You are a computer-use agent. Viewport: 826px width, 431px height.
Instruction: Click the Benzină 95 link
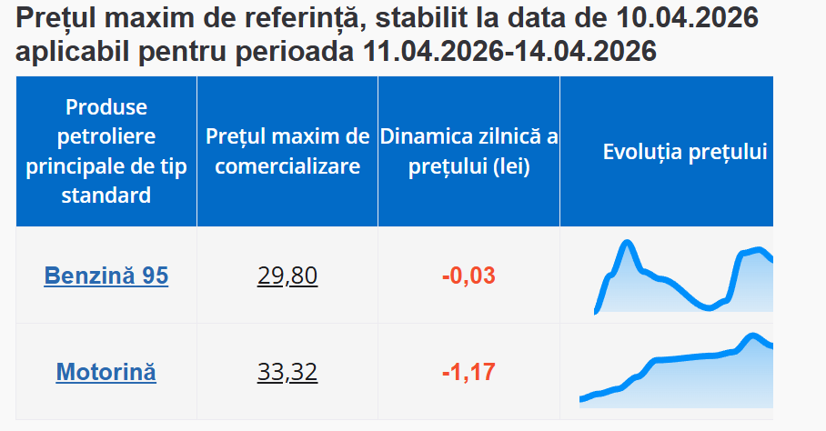(x=106, y=276)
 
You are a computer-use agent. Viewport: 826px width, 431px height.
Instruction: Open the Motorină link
(x=106, y=372)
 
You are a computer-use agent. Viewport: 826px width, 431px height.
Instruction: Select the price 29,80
(x=287, y=276)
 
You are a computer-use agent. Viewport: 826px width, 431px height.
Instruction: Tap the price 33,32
(x=287, y=372)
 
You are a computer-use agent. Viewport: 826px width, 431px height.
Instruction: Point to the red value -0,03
(x=468, y=276)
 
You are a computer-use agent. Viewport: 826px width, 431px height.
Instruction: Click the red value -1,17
(x=468, y=372)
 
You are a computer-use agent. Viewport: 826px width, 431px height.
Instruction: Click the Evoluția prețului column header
(x=684, y=152)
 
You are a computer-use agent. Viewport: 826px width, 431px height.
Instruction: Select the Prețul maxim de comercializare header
(x=287, y=152)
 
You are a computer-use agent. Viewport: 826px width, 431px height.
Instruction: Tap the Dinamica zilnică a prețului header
(x=468, y=152)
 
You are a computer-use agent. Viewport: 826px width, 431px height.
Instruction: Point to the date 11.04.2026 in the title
(x=433, y=52)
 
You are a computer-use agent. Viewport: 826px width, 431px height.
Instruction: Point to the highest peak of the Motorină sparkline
(x=752, y=336)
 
